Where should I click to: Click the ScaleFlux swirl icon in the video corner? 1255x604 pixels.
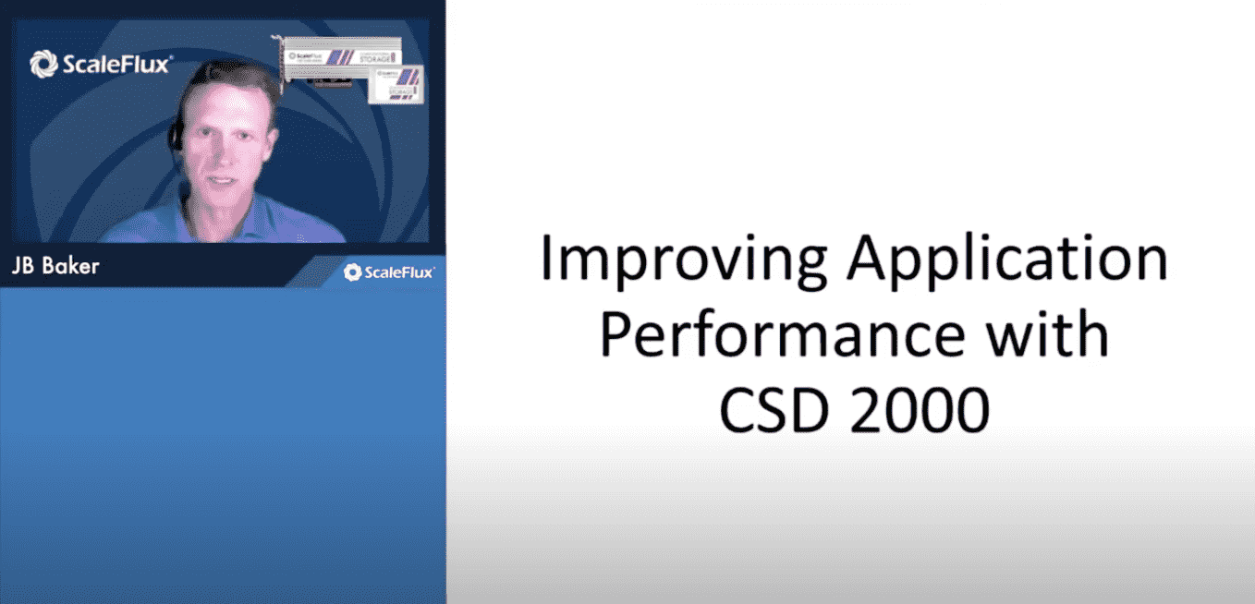tap(44, 64)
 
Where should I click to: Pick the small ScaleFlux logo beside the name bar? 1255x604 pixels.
tap(388, 272)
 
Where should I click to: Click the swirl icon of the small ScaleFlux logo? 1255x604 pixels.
tap(352, 272)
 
